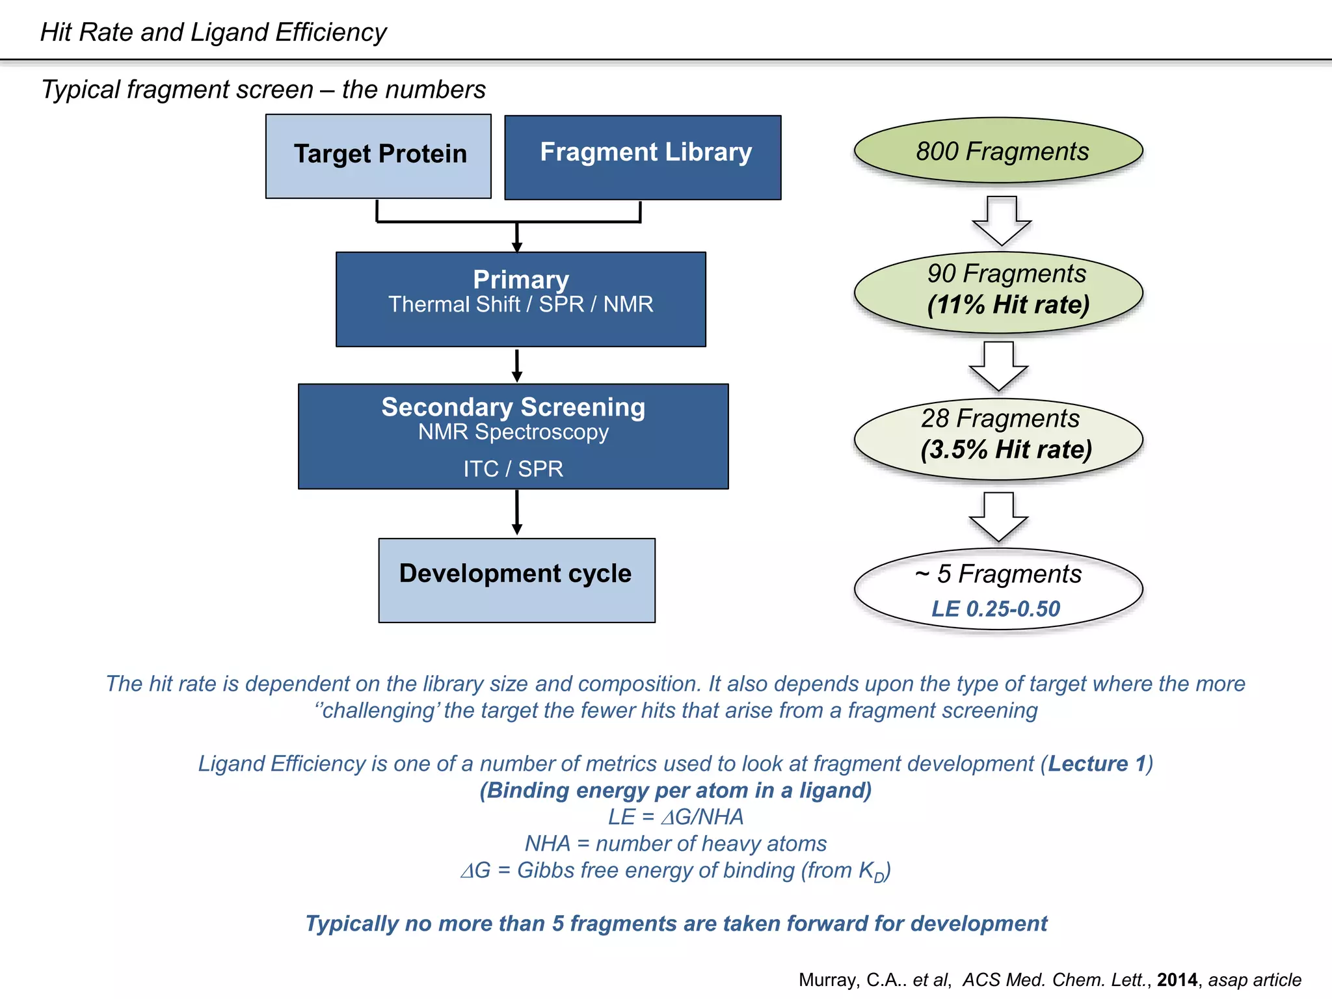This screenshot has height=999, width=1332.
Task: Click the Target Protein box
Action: pyautogui.click(x=378, y=156)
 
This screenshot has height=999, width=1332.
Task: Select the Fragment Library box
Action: pyautogui.click(x=643, y=157)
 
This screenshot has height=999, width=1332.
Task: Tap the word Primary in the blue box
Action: pyautogui.click(x=520, y=279)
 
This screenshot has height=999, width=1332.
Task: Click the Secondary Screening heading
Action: pyautogui.click(x=513, y=407)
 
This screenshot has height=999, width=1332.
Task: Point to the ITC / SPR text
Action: pyautogui.click(x=513, y=468)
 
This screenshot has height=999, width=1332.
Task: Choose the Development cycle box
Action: pyautogui.click(x=516, y=579)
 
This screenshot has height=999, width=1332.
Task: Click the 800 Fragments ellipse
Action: pyautogui.click(x=998, y=151)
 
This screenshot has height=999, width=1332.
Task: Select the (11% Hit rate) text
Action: pyautogui.click(x=1007, y=304)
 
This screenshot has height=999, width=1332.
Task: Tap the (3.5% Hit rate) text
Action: pyautogui.click(x=1006, y=449)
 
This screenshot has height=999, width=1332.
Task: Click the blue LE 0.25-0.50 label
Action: pyautogui.click(x=996, y=609)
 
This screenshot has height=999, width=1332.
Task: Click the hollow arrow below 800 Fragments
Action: pyautogui.click(x=1002, y=220)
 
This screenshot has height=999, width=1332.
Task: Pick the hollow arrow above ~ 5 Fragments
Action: pyautogui.click(x=998, y=517)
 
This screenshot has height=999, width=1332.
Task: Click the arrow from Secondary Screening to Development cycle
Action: pyautogui.click(x=517, y=513)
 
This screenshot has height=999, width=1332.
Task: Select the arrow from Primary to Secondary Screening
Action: pyautogui.click(x=517, y=366)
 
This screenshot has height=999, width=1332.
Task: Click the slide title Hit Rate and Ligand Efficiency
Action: pyautogui.click(x=213, y=32)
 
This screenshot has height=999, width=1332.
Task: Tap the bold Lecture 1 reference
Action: pyautogui.click(x=1097, y=763)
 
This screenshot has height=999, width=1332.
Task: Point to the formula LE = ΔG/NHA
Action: pyautogui.click(x=676, y=817)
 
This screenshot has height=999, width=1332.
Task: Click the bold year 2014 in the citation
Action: pyautogui.click(x=1177, y=979)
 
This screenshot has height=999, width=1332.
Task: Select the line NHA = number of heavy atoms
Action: pyautogui.click(x=676, y=844)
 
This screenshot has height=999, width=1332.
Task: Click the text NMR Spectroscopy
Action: pyautogui.click(x=513, y=432)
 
